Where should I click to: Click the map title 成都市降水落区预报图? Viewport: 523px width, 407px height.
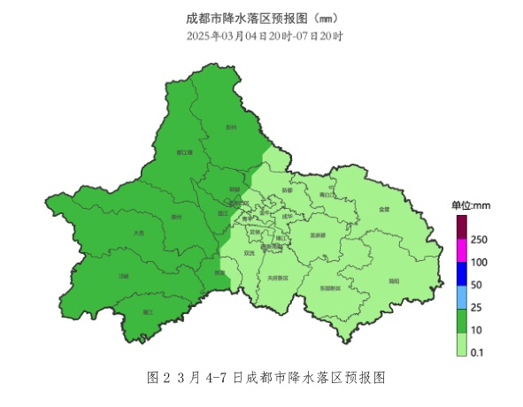pyautogui.click(x=262, y=18)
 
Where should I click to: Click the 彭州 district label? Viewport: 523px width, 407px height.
pyautogui.click(x=232, y=127)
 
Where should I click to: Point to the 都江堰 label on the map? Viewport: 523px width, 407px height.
pyautogui.click(x=185, y=152)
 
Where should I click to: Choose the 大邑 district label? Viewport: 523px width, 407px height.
pyautogui.click(x=138, y=233)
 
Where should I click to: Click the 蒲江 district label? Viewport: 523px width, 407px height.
pyautogui.click(x=149, y=312)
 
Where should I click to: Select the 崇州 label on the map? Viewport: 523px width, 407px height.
pyautogui.click(x=176, y=217)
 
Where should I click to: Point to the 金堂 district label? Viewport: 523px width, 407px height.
pyautogui.click(x=383, y=210)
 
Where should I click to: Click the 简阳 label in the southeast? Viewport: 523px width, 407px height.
pyautogui.click(x=394, y=280)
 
